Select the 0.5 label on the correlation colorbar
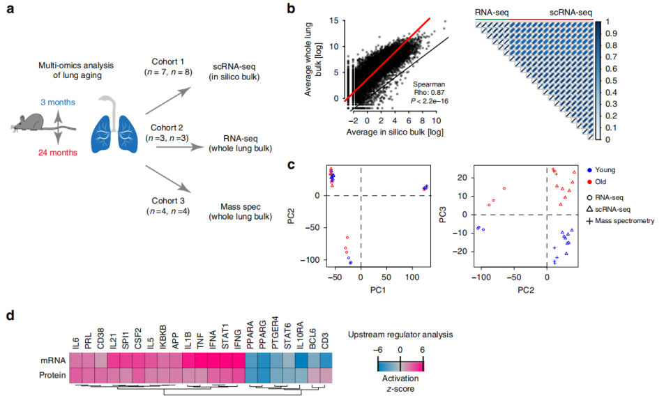coord(608,81)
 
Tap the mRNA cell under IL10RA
coord(301,360)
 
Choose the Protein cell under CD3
coord(325,375)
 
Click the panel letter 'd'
coord(10,316)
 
